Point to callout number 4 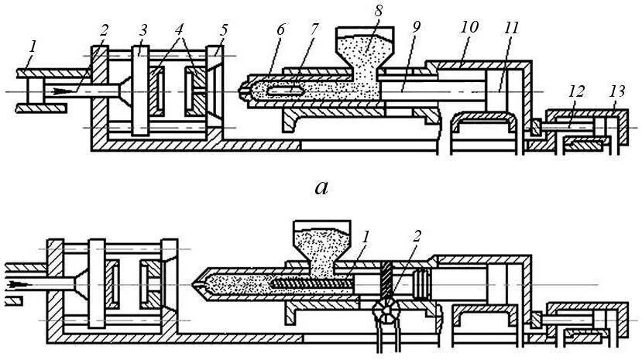[x=180, y=30]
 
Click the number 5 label [x=225, y=30]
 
